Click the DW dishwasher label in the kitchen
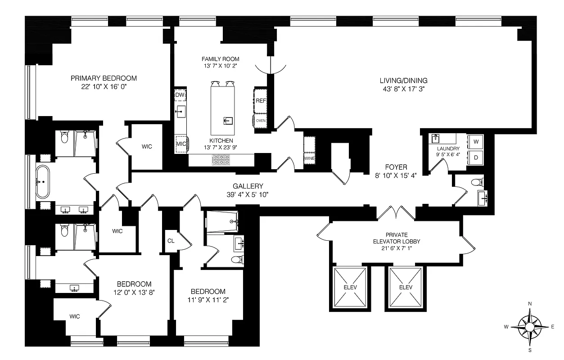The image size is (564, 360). click(180, 95)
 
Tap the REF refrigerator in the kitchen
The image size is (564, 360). click(261, 101)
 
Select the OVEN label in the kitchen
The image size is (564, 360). click(261, 121)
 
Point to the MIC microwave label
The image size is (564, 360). click(181, 144)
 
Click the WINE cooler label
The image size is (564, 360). click(309, 158)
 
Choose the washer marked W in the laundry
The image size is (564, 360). click(475, 142)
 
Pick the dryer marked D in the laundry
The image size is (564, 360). click(475, 157)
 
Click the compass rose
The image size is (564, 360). click(529, 327)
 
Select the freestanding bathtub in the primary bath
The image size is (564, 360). click(43, 182)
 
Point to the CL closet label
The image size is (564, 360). click(171, 240)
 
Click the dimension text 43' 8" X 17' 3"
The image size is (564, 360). click(403, 89)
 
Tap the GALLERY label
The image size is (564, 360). click(248, 186)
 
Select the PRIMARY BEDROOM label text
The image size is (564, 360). click(104, 78)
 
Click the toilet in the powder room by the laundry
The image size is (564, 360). click(477, 182)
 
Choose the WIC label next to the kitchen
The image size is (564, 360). click(147, 147)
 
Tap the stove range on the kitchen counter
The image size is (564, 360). click(221, 159)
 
